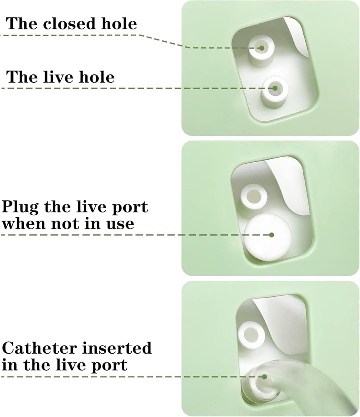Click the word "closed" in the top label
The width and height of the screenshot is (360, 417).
[70, 23]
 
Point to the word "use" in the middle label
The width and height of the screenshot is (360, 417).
[122, 224]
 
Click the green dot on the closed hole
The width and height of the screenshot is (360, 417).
[261, 48]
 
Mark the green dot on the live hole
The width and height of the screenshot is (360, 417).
[274, 88]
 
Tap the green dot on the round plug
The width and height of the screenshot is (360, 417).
[271, 235]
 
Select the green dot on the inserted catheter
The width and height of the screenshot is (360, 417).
[264, 377]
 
